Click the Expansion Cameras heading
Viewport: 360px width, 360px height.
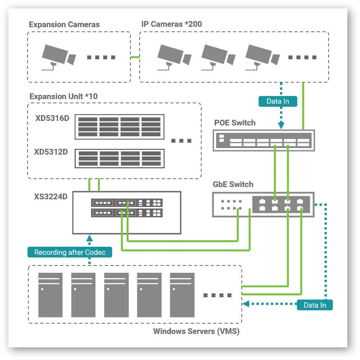click(x=64, y=24)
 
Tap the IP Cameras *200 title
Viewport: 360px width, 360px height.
click(x=172, y=24)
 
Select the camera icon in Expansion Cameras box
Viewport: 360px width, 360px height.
click(x=59, y=57)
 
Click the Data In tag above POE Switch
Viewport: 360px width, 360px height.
click(x=278, y=101)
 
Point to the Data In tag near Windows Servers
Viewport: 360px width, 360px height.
click(x=315, y=305)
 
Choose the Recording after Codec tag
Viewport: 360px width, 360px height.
click(x=70, y=252)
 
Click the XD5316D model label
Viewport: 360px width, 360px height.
click(x=52, y=118)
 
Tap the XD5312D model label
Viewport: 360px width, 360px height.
click(x=51, y=152)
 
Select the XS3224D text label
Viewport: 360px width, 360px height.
click(x=51, y=197)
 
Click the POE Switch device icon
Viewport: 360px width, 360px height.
click(x=264, y=140)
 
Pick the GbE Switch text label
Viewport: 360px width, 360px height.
click(x=233, y=184)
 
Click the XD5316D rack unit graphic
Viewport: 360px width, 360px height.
click(x=120, y=127)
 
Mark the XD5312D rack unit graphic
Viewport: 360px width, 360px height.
click(x=120, y=159)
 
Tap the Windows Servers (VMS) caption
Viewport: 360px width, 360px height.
click(x=196, y=331)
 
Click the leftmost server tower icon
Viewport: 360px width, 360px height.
click(x=50, y=295)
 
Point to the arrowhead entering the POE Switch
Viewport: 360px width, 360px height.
click(x=281, y=125)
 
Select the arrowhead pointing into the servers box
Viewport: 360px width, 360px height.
click(x=246, y=304)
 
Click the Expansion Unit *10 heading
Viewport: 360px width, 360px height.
click(x=64, y=96)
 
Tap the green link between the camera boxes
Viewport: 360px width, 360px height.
click(x=135, y=57)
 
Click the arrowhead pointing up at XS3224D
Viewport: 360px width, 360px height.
click(x=90, y=238)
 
